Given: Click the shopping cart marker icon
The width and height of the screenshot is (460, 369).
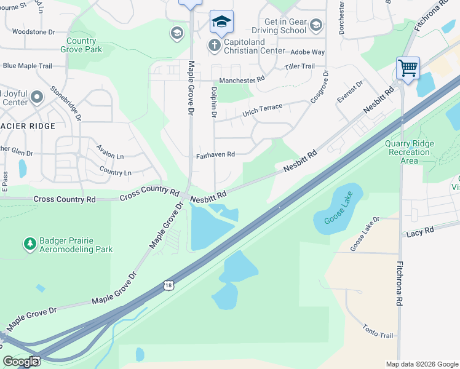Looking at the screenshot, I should coord(408,68).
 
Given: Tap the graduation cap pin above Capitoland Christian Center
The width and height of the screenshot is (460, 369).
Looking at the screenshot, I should coord(221,22).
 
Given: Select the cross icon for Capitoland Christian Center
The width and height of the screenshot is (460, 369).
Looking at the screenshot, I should coord(214,45).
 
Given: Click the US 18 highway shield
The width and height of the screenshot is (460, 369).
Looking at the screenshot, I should coord(169,285).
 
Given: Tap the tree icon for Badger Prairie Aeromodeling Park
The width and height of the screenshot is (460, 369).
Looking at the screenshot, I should coord(30,244).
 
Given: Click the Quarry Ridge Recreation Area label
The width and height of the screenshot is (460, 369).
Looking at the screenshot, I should coord(410,152).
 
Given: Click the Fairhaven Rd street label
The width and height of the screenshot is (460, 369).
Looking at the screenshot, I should coord(215,155).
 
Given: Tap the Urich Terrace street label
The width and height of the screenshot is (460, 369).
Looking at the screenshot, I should coord(262,110).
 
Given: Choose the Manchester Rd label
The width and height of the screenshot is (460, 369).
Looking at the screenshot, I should coord(242,80).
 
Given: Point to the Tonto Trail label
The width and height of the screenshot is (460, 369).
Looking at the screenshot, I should coord(377,331).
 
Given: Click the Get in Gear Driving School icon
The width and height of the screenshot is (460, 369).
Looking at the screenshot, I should coord(316,25).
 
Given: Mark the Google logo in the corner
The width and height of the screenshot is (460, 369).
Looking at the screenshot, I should coord(20,362).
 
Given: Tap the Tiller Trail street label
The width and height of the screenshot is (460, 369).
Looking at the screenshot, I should coord(299,66).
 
